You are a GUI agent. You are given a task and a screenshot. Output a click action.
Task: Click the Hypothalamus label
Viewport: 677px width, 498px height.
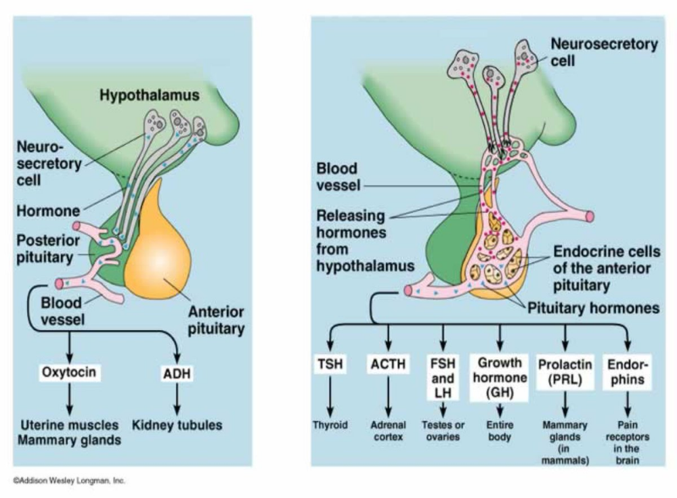click(x=150, y=95)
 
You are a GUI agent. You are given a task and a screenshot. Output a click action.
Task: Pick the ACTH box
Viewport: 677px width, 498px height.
click(x=389, y=365)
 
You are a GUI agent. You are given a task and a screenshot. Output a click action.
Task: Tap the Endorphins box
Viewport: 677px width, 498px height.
click(x=626, y=372)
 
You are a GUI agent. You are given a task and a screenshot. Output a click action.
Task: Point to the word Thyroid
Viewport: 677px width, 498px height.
click(x=330, y=426)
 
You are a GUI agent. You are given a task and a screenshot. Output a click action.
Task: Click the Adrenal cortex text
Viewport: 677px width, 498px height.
click(x=388, y=431)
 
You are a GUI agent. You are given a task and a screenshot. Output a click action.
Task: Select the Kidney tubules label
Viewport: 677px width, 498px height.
click(x=178, y=426)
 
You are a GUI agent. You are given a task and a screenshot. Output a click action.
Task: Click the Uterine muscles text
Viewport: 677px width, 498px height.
click(x=68, y=426)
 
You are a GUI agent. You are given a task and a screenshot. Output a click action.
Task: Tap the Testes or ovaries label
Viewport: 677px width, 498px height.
click(x=443, y=431)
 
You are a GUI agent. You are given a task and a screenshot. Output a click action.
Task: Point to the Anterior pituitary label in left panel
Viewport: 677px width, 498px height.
click(x=215, y=321)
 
